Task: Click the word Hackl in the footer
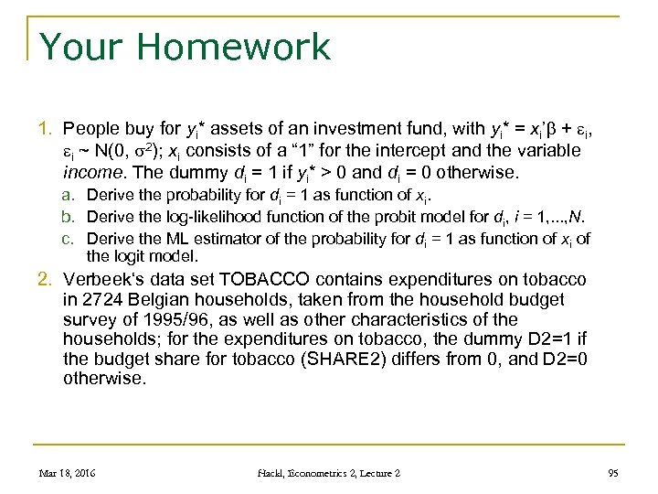(x=271, y=473)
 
